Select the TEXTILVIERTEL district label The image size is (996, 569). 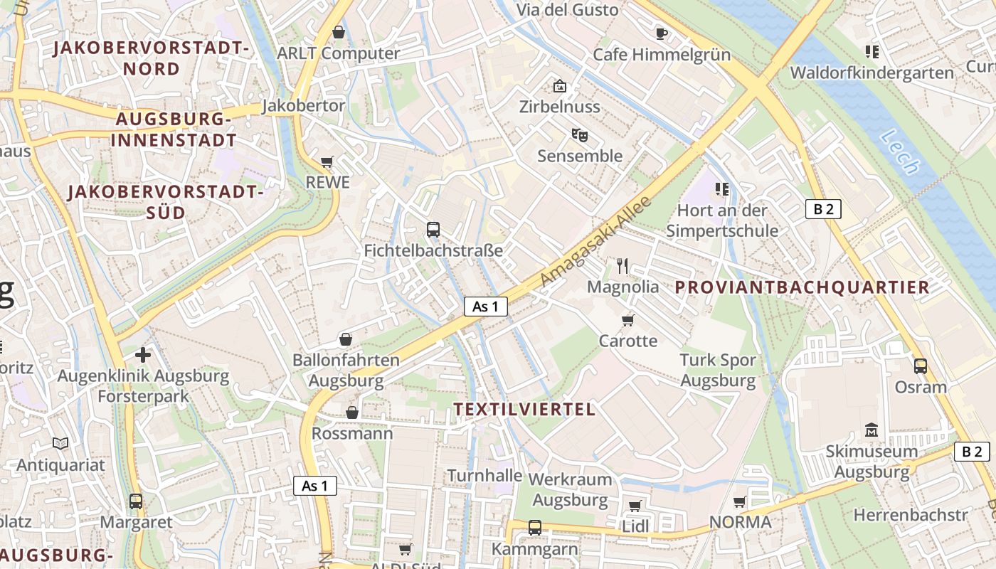point(524,409)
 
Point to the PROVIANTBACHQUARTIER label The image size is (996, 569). point(802,287)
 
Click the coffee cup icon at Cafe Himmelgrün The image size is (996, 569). point(662,33)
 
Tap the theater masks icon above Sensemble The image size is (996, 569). point(579,134)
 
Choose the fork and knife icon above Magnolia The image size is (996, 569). point(622,266)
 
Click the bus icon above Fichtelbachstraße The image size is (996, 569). point(433,229)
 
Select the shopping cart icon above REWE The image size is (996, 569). point(327,161)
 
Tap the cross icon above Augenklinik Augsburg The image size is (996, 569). point(143,354)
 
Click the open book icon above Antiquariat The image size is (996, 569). point(61,444)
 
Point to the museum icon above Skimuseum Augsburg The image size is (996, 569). point(871,430)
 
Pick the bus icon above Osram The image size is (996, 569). point(921,366)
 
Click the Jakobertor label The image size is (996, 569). point(304,106)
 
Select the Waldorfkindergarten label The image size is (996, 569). point(871,73)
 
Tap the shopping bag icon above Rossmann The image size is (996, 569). point(351,413)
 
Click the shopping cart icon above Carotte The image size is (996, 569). point(627,320)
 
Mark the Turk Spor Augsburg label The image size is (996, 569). point(718,370)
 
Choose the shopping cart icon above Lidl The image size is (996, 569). point(635,506)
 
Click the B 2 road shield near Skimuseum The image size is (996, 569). point(971,451)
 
